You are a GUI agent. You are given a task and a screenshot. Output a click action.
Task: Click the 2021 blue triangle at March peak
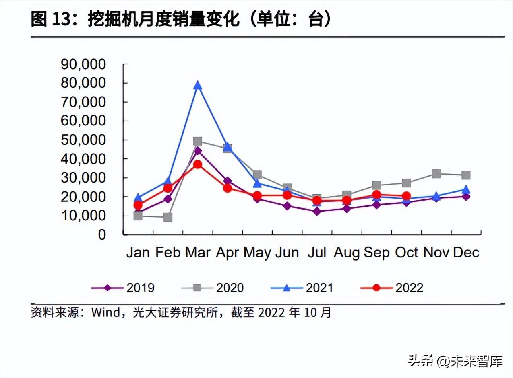pyautogui.click(x=197, y=85)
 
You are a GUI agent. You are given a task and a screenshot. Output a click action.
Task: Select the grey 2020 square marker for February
pyautogui.click(x=168, y=217)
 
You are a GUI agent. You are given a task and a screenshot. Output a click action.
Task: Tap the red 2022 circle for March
pyautogui.click(x=197, y=164)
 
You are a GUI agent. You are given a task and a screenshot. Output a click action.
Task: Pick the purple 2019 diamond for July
pyautogui.click(x=317, y=211)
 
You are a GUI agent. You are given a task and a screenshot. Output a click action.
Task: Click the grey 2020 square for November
pyautogui.click(x=436, y=174)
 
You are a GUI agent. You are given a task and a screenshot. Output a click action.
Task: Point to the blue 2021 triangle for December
pyautogui.click(x=466, y=189)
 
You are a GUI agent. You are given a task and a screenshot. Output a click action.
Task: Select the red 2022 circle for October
pyautogui.click(x=406, y=196)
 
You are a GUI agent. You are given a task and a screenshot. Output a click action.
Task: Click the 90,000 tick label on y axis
pyautogui.click(x=83, y=64)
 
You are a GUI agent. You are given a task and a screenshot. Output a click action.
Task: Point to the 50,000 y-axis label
pyautogui.click(x=83, y=140)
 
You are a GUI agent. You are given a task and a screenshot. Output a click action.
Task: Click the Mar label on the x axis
pyautogui.click(x=197, y=253)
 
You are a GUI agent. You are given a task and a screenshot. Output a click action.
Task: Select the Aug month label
pyautogui.click(x=347, y=253)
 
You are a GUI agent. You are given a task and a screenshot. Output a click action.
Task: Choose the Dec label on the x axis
pyautogui.click(x=466, y=253)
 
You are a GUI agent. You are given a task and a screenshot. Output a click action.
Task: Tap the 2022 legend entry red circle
pyautogui.click(x=376, y=288)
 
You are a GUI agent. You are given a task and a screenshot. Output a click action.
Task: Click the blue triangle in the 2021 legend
pyautogui.click(x=286, y=288)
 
